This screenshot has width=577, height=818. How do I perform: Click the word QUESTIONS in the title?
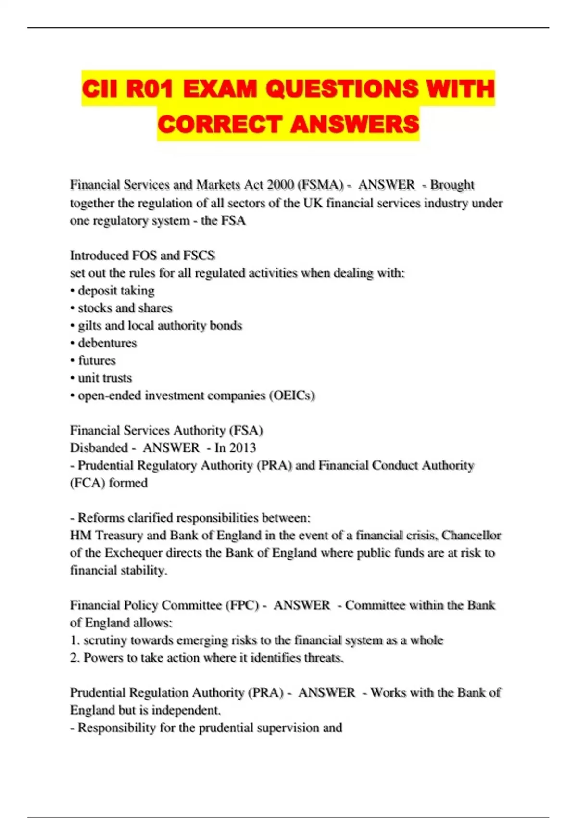(342, 89)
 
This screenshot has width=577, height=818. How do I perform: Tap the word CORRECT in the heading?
(219, 124)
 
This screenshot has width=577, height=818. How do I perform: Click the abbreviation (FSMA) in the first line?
(321, 185)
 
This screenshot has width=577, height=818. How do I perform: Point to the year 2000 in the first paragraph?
(281, 185)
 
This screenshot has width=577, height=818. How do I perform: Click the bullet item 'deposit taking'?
(116, 291)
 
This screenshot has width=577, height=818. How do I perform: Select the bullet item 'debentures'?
(107, 343)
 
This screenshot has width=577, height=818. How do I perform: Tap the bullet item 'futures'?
(97, 360)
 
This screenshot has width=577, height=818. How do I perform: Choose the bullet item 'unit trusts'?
(105, 378)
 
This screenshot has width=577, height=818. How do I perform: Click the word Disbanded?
(99, 448)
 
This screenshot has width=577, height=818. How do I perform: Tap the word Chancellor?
(471, 536)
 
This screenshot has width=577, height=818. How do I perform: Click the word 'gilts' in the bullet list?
(89, 326)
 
